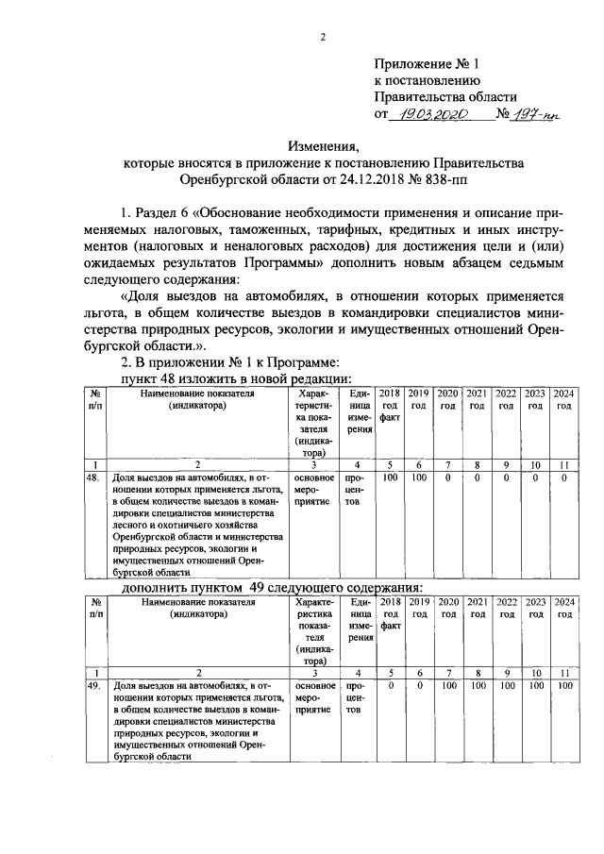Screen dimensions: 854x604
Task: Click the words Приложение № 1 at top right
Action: click(427, 64)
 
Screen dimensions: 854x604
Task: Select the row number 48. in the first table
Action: click(92, 478)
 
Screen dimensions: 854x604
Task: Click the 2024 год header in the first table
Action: click(563, 399)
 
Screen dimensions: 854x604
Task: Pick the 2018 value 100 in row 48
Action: click(390, 478)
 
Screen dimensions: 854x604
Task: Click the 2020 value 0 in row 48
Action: click(448, 478)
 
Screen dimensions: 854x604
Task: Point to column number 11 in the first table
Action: click(563, 464)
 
